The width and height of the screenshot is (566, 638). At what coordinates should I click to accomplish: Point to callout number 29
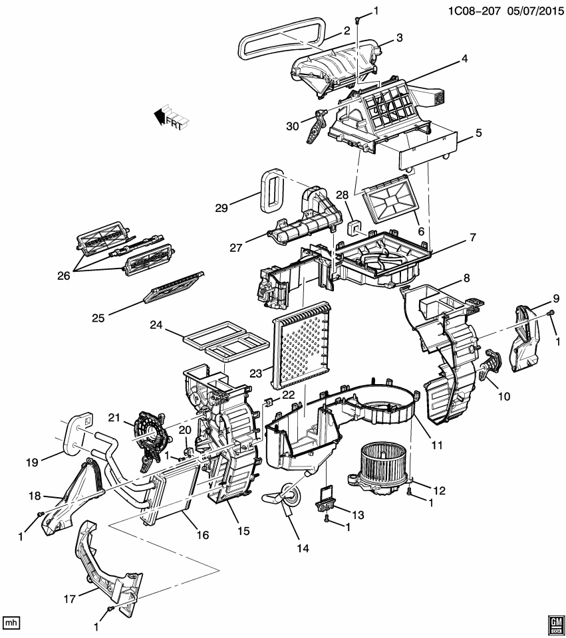tap(221, 207)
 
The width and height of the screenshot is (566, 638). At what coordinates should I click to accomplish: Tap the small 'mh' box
tap(11, 623)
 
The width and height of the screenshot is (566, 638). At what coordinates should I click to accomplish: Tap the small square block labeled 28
tap(354, 229)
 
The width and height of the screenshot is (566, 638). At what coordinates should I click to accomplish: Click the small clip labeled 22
tap(268, 401)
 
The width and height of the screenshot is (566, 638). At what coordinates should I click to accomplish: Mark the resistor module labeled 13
tap(325, 503)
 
